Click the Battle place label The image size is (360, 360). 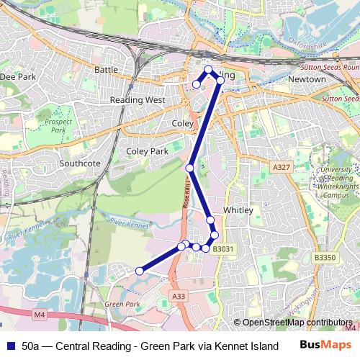pyautogui.click(x=106, y=70)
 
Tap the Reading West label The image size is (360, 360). pyautogui.click(x=138, y=100)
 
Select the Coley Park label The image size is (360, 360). pyautogui.click(x=147, y=152)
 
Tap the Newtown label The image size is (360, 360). pyautogui.click(x=307, y=78)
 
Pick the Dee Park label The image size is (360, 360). pyautogui.click(x=17, y=76)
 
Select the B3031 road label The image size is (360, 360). pyautogui.click(x=223, y=249)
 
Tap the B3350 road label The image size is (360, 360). pyautogui.click(x=325, y=257)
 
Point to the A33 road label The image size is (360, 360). pyautogui.click(x=179, y=295)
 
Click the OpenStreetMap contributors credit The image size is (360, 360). pyautogui.click(x=297, y=323)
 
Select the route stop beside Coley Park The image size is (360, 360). pyautogui.click(x=189, y=168)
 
